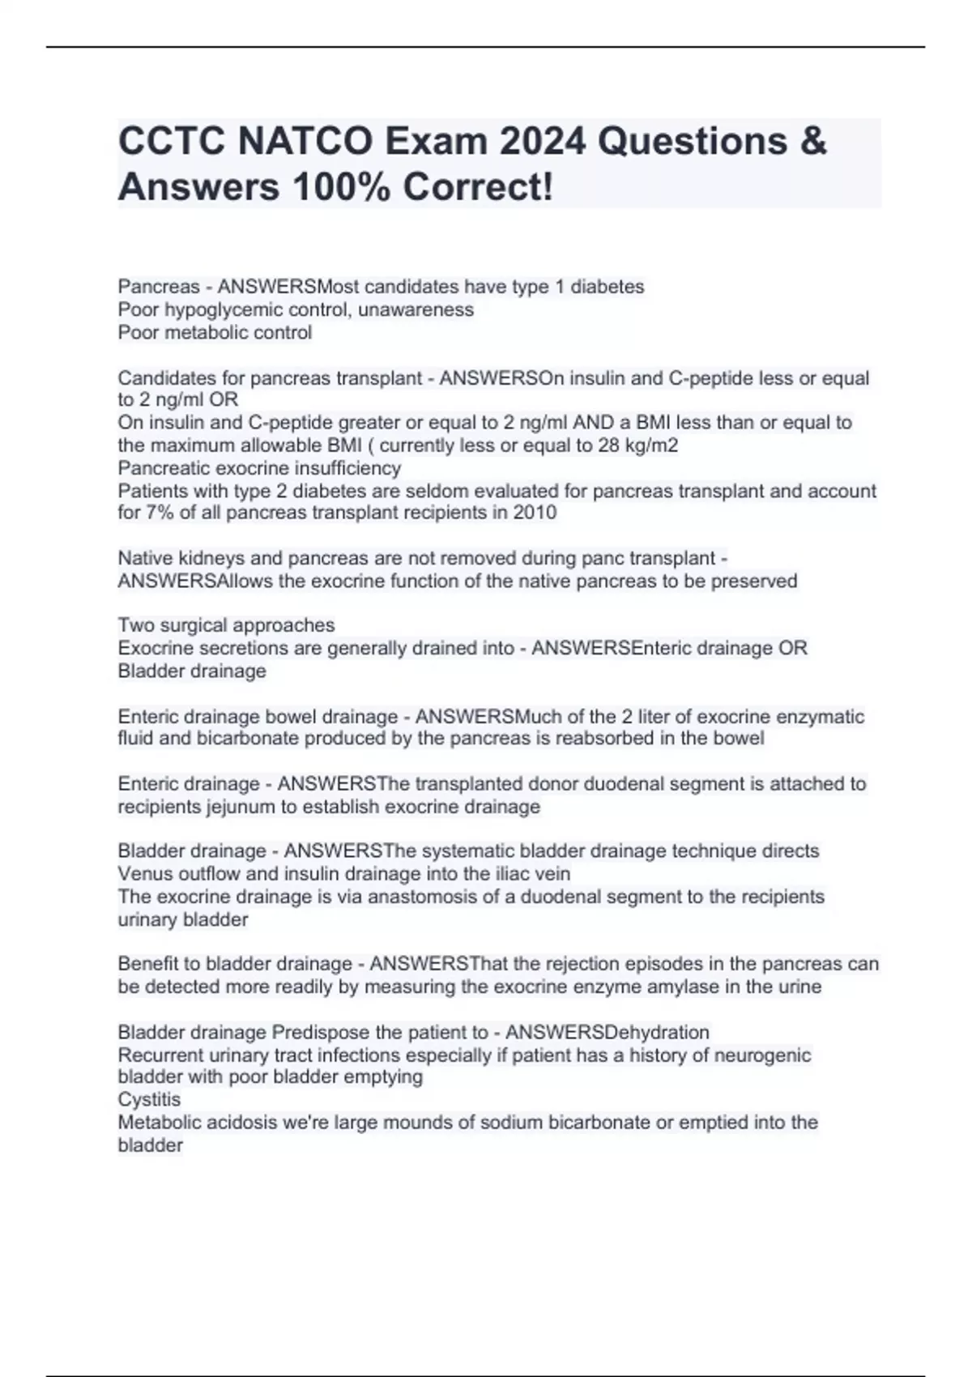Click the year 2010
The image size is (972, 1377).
[535, 513]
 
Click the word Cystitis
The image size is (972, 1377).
[149, 1099]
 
